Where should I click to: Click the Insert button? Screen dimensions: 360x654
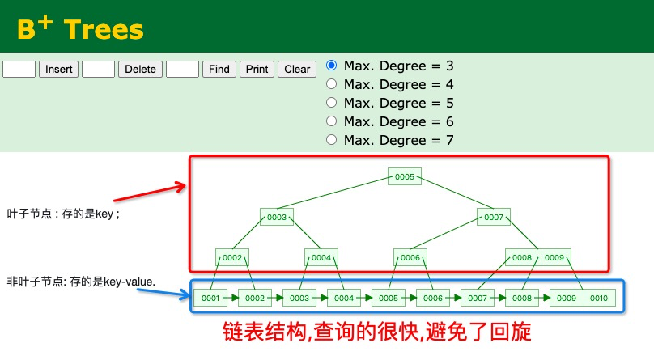59,69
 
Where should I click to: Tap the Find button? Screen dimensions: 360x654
219,69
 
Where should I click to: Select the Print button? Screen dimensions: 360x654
257,69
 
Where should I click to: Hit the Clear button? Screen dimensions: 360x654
297,69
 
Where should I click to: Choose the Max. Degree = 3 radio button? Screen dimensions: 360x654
331,65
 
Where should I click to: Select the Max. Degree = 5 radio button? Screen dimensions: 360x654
331,102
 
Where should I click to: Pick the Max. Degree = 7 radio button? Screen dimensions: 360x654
331,139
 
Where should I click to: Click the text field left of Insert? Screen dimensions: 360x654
19,69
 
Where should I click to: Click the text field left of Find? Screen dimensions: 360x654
182,69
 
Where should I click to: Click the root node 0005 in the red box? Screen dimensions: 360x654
405,176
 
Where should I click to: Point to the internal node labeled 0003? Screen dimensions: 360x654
277,217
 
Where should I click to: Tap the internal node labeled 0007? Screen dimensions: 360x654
494,217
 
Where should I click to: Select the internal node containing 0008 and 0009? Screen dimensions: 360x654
538,257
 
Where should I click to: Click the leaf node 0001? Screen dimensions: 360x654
210,298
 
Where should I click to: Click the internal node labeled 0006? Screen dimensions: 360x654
410,257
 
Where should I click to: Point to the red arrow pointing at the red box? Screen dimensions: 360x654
150,191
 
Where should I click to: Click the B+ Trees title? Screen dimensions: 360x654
80,29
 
